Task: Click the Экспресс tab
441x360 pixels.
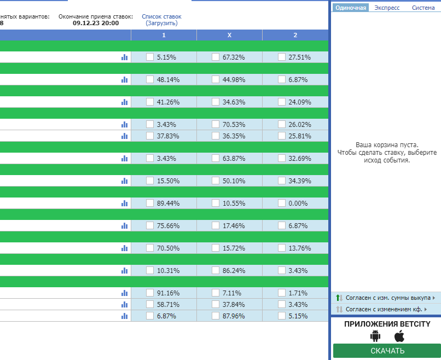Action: [387, 8]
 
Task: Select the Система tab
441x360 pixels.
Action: [423, 8]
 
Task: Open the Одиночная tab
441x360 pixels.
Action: [351, 8]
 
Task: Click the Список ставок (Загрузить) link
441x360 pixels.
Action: [161, 20]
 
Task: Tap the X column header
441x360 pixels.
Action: [229, 35]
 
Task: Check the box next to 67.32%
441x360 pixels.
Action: [216, 57]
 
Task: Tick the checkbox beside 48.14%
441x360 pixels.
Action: [150, 79]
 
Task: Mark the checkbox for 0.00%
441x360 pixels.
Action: [282, 203]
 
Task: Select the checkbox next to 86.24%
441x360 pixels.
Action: [216, 271]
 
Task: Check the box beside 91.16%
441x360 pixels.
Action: [150, 293]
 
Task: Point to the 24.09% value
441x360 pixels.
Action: [300, 102]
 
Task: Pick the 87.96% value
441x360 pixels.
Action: [234, 316]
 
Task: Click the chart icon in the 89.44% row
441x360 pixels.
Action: [124, 203]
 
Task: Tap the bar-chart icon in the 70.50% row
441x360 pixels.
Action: [124, 248]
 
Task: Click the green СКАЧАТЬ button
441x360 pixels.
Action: [387, 351]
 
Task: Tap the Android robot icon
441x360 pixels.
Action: [375, 336]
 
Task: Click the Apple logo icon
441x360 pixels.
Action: [399, 336]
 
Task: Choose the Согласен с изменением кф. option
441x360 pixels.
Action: [384, 309]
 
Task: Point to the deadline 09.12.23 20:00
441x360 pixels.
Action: [96, 23]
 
